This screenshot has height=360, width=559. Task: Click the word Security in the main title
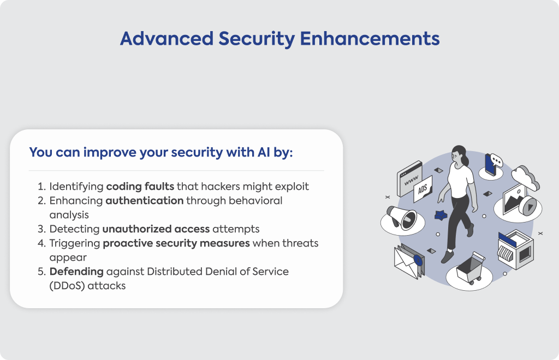pyautogui.click(x=257, y=39)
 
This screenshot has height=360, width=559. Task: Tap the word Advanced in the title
pyautogui.click(x=167, y=39)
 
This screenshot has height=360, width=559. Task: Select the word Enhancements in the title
pyautogui.click(x=370, y=39)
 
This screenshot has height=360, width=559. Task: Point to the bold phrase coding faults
pyautogui.click(x=140, y=187)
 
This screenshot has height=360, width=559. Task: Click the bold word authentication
pyautogui.click(x=144, y=201)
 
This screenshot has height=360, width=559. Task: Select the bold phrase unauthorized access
pyautogui.click(x=156, y=229)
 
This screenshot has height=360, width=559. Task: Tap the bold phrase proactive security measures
pyautogui.click(x=176, y=243)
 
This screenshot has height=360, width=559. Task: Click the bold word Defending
pyautogui.click(x=76, y=272)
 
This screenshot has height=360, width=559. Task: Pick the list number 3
pyautogui.click(x=41, y=229)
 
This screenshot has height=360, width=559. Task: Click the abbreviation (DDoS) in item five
pyautogui.click(x=67, y=286)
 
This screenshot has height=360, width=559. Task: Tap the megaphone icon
pyautogui.click(x=402, y=218)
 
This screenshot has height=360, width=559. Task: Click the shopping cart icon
pyautogui.click(x=470, y=268)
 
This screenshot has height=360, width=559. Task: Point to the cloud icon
pyautogui.click(x=526, y=177)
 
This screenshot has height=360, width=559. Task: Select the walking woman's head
pyautogui.click(x=459, y=154)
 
